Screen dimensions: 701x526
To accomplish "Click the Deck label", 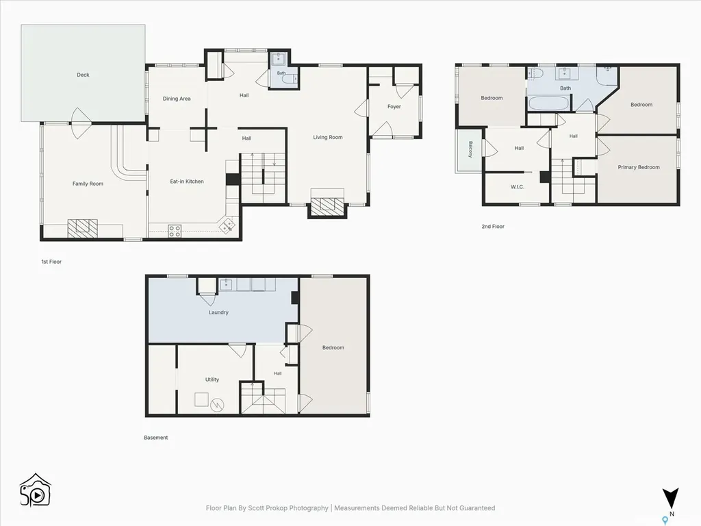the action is pos(83,75).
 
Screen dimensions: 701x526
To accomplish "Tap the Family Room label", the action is pos(88,184).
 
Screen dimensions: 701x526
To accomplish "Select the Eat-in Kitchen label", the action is pos(187,181).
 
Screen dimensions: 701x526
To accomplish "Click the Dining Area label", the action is pos(177,99).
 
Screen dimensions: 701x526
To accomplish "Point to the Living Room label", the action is pos(328,137).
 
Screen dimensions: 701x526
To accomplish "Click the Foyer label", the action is pos(394,106).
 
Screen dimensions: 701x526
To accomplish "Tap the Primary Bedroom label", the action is pos(639,167).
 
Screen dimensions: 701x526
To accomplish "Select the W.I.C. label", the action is pos(518,186).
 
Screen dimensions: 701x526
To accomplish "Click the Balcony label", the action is pos(470,149).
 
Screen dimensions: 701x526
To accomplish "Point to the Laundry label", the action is pos(218,312).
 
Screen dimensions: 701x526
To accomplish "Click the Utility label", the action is pos(212,379).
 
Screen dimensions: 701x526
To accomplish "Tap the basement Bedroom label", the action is pos(333,347).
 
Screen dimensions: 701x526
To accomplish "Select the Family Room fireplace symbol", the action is pos(82,228).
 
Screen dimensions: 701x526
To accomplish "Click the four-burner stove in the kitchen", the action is pos(175,231).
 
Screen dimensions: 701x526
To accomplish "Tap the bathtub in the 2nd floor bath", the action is pos(549,104).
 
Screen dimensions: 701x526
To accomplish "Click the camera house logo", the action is pos(35,490).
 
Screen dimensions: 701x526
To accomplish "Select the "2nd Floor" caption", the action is pos(493,226).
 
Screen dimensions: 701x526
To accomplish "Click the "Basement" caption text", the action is pos(155,438).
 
